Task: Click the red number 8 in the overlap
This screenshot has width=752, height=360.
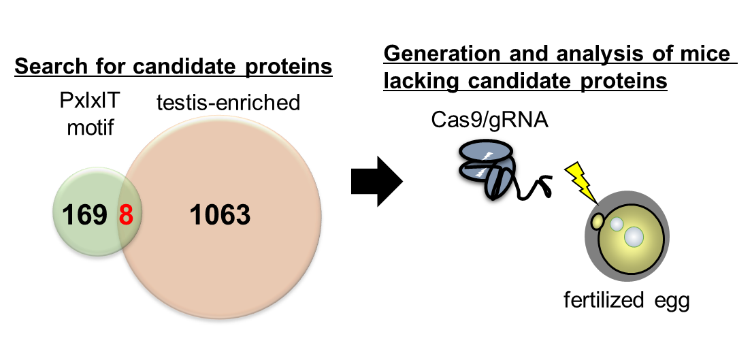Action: pos(126,216)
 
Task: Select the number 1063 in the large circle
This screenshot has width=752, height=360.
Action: pos(220,216)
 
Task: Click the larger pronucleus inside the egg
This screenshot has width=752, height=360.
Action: pos(634,236)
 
